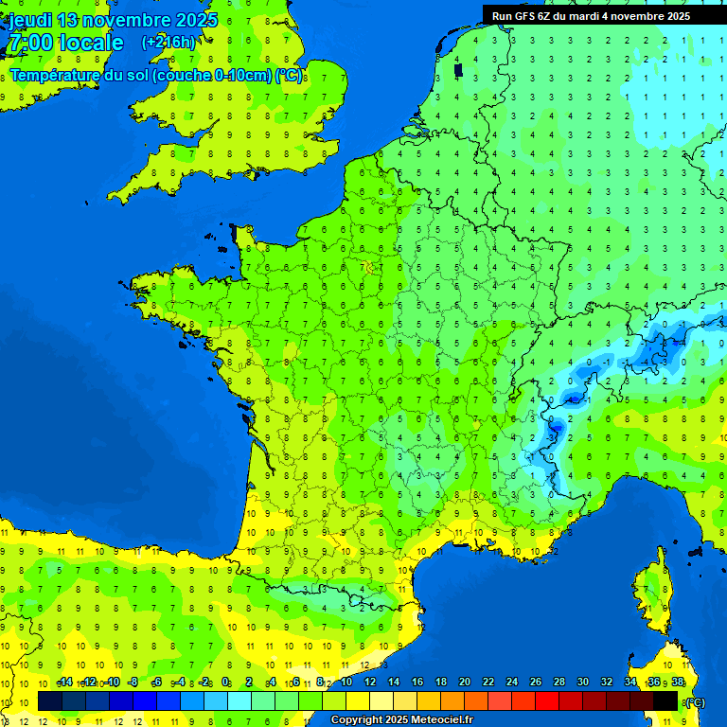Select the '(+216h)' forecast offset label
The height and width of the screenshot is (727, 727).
click(x=168, y=43)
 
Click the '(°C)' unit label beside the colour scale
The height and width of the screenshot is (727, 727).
click(x=694, y=701)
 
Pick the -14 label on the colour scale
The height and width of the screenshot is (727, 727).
click(x=64, y=683)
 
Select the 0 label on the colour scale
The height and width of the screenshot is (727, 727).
click(x=225, y=683)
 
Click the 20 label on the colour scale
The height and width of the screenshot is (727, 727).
click(x=464, y=683)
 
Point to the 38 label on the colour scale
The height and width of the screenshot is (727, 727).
click(x=677, y=683)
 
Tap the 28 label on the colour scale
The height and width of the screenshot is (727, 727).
click(x=559, y=683)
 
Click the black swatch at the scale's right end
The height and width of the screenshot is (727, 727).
click(x=665, y=700)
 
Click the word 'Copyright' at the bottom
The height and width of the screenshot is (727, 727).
click(x=359, y=720)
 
